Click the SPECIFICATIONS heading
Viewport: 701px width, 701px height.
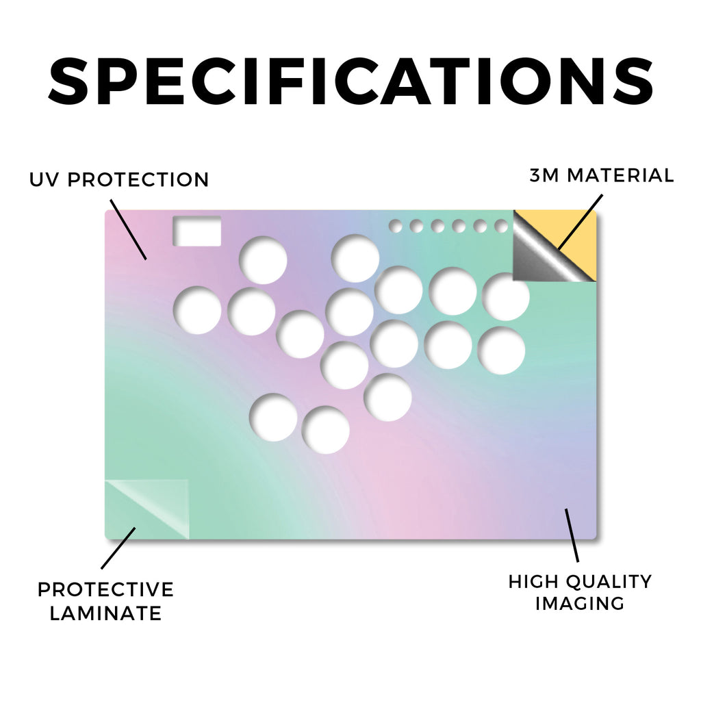click(x=350, y=81)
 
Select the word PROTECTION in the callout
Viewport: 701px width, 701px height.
click(x=138, y=180)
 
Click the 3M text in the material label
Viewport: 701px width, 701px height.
click(x=544, y=175)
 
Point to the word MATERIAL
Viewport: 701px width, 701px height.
click(x=620, y=175)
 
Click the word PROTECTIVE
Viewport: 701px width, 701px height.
click(x=105, y=589)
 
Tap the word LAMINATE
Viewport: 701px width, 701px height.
click(x=105, y=613)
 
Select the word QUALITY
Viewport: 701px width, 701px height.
click(x=609, y=582)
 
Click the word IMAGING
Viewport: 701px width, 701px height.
click(x=580, y=604)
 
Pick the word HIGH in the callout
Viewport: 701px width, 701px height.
click(x=533, y=582)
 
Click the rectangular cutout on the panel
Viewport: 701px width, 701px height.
click(x=197, y=231)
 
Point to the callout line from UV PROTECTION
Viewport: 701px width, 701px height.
click(x=128, y=229)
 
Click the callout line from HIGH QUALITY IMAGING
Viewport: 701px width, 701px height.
click(x=572, y=535)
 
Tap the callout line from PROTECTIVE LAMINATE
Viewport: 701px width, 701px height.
click(x=118, y=548)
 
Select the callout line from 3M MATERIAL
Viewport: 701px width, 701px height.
click(x=581, y=222)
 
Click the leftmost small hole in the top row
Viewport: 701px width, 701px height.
click(x=395, y=226)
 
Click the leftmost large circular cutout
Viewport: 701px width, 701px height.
click(x=197, y=310)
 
